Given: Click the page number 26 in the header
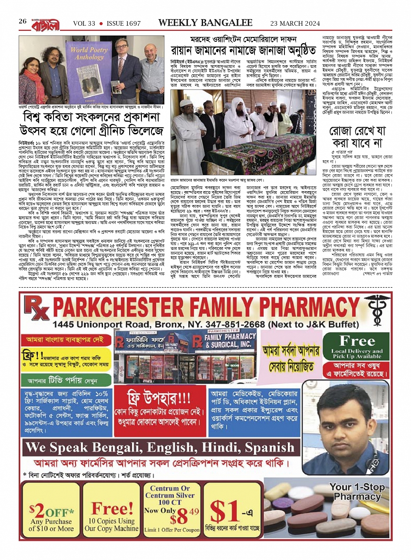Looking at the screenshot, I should coord(23,21).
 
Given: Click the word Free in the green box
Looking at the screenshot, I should coord(357,341).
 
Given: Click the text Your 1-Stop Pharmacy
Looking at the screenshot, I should coord(357,491).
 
